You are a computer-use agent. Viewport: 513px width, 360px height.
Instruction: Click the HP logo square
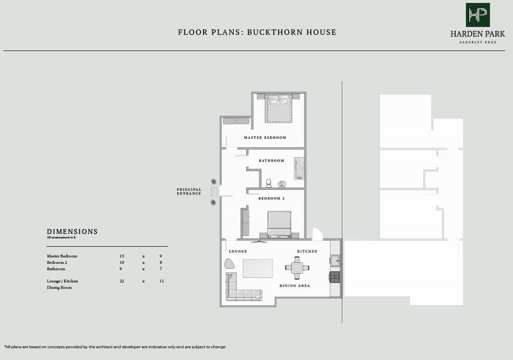(478, 15)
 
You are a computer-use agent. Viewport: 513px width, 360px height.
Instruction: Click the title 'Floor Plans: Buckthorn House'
(257, 32)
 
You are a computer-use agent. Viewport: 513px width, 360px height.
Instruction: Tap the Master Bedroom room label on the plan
(265, 138)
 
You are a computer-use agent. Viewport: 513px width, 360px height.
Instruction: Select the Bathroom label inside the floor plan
(271, 161)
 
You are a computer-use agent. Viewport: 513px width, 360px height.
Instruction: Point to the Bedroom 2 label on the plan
(272, 199)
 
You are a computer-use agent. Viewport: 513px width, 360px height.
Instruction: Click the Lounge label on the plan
(238, 252)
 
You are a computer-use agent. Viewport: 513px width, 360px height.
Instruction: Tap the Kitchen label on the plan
(307, 252)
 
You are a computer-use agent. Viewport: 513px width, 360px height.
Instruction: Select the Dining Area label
(295, 286)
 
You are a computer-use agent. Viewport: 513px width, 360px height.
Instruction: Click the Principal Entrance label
(189, 192)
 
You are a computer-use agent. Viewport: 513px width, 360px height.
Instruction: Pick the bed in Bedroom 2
(279, 225)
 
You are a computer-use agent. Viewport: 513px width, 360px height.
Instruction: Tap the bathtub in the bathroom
(299, 168)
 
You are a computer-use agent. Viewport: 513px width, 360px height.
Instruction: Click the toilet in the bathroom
(268, 183)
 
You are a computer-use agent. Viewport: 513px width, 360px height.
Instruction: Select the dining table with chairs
(298, 268)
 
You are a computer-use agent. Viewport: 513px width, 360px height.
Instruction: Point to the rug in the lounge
(257, 268)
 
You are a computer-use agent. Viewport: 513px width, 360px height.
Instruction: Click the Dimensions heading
(72, 231)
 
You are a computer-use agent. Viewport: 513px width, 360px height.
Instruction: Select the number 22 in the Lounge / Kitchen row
(122, 282)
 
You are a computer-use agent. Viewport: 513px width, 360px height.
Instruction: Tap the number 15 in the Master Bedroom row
(122, 257)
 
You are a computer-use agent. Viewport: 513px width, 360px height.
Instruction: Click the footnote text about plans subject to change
(115, 347)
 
